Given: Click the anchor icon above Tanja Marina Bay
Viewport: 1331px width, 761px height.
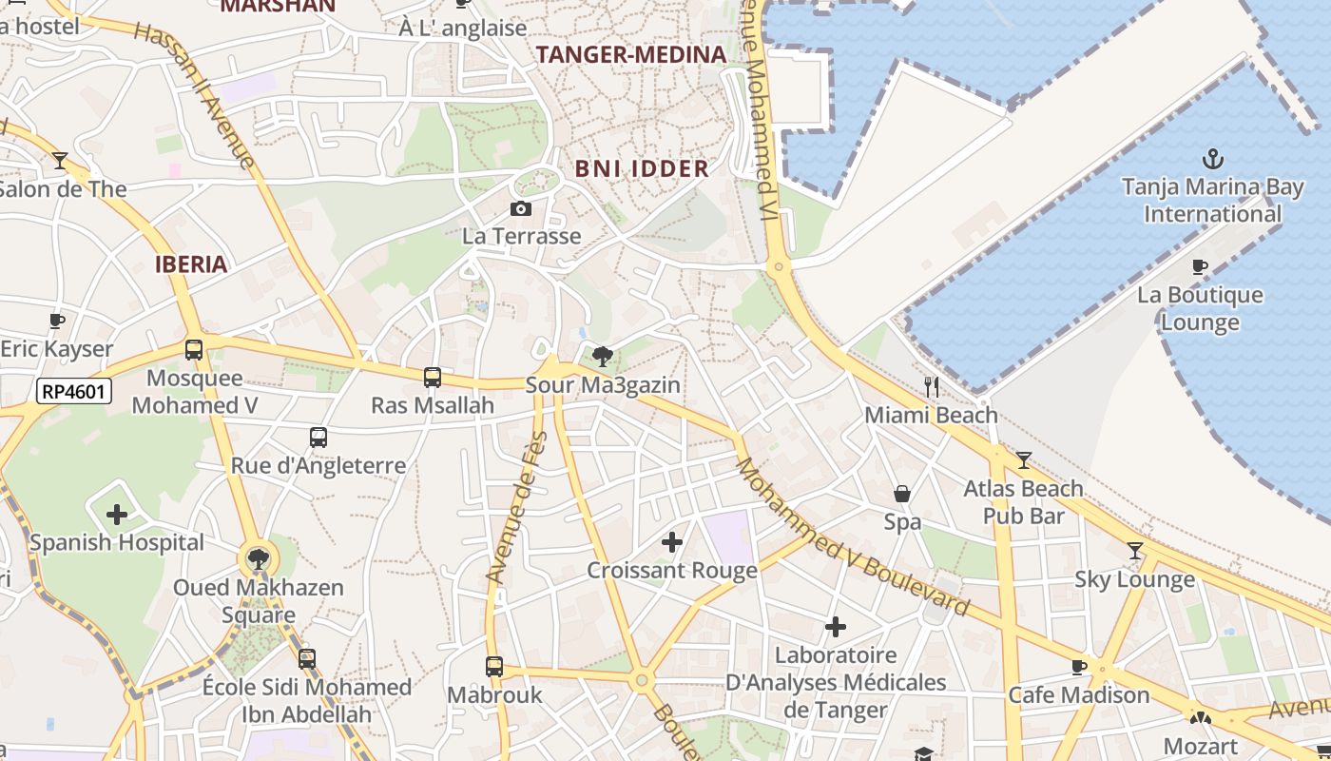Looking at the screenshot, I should click(1212, 159).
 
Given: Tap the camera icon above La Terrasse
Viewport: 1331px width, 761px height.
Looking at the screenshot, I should click(521, 208).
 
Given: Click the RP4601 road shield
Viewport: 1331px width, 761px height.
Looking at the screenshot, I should click(74, 391).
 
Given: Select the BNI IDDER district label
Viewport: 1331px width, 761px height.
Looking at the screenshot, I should click(642, 169).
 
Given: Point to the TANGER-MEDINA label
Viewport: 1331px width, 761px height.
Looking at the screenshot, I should click(631, 54).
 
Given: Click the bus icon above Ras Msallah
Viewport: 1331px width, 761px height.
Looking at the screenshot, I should click(433, 378).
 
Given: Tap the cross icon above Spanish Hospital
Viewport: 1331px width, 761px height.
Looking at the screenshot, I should click(117, 515).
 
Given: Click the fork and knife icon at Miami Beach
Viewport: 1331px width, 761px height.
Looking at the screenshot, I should click(932, 387).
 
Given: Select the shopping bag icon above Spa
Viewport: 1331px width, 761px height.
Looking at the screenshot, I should click(902, 494).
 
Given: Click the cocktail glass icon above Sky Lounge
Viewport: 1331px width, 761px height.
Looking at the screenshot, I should click(1134, 551).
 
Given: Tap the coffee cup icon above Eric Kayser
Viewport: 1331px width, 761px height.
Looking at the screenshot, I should click(57, 321).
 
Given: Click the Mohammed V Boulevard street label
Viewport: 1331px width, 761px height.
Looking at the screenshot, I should click(853, 538).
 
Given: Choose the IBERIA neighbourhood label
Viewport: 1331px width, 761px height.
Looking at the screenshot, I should click(191, 264).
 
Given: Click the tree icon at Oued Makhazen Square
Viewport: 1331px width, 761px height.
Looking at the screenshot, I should click(258, 558).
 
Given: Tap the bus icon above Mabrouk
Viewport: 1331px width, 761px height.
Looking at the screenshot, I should click(494, 667).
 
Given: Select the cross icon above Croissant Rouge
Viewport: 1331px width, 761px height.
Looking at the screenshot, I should click(672, 542).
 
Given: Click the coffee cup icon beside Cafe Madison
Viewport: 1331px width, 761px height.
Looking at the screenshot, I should click(1078, 667).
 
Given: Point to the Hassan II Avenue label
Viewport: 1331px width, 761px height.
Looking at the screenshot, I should click(196, 95).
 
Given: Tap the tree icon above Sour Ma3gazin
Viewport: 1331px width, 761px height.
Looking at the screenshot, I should click(602, 357).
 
